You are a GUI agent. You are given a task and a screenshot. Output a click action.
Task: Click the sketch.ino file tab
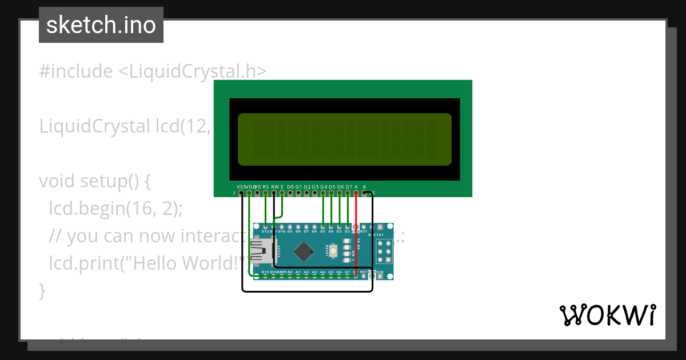pyautogui.click(x=101, y=25)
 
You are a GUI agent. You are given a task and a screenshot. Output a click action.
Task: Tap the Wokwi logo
pyautogui.click(x=607, y=315)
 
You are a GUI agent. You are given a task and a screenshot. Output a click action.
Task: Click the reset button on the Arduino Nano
pyautogui.click(x=333, y=250)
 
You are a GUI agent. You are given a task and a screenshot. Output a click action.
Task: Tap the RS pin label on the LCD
pyautogui.click(x=266, y=187)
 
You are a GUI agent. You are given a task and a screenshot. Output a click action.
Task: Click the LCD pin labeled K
pyautogui.click(x=365, y=187)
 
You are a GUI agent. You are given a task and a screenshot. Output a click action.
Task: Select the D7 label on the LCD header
pyautogui.click(x=348, y=187)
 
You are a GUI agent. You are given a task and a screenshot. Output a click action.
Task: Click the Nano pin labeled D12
pyautogui.click(x=265, y=227)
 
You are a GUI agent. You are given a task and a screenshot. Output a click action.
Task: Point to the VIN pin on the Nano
pyautogui.click(x=381, y=276)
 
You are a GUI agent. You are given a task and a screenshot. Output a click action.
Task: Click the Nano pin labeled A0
pyautogui.click(x=290, y=276)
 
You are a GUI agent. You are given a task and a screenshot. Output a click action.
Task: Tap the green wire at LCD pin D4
pyautogui.click(x=324, y=209)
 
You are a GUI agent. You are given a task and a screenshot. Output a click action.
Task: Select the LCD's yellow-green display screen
pyautogui.click(x=344, y=139)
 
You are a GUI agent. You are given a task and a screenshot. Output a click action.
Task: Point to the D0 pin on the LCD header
pyautogui.click(x=290, y=193)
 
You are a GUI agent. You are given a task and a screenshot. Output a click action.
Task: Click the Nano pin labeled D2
pyautogui.click(x=348, y=227)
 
